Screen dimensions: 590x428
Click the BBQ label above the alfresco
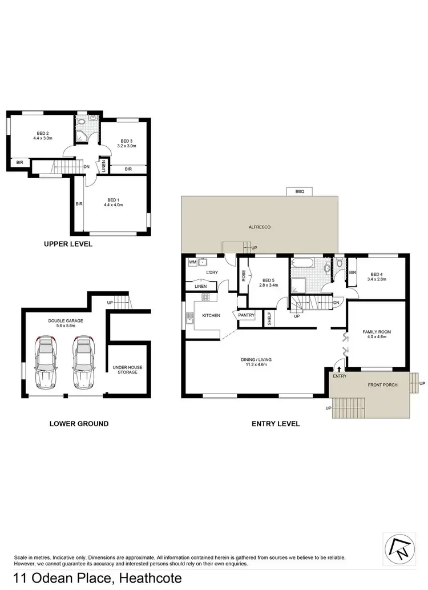pos(300,192)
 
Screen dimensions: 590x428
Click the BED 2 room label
pos(43,135)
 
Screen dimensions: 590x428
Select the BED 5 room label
pos(268,282)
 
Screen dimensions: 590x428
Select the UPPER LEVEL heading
pos(68,244)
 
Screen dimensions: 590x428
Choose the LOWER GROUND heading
pos(79,424)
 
